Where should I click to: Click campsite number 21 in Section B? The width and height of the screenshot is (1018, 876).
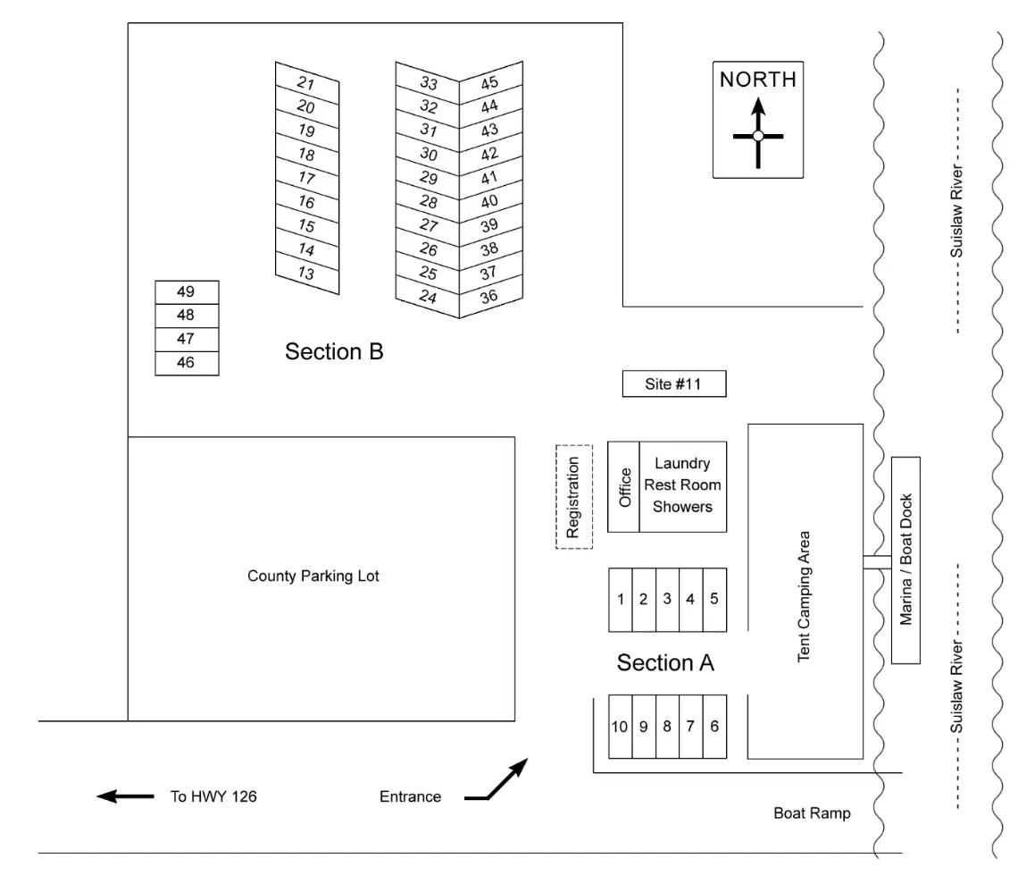point(307,83)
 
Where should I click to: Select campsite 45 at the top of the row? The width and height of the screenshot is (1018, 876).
point(491,82)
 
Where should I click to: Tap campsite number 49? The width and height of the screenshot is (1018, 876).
point(187,292)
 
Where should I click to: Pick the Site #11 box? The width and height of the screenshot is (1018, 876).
point(674,384)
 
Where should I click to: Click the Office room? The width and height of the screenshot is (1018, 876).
point(624,487)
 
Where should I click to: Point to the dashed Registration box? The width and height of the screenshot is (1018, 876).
point(574,497)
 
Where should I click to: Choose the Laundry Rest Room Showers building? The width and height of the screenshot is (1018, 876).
point(683,487)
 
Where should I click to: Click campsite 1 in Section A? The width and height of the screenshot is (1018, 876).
point(621,600)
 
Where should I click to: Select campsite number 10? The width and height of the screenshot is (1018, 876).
point(621,727)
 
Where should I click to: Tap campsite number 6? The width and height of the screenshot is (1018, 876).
point(714,727)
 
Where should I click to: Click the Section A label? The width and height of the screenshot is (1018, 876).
point(665,663)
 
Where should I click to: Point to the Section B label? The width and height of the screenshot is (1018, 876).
point(334,351)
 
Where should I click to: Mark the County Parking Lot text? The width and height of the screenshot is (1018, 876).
point(313,576)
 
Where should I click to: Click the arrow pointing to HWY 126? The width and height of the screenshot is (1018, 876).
point(125,796)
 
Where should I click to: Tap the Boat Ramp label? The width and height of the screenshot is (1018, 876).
point(813,813)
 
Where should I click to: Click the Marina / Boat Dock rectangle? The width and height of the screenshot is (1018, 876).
point(905,560)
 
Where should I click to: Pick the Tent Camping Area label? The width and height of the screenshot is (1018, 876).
point(804,596)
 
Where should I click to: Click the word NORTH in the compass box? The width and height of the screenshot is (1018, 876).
point(757,80)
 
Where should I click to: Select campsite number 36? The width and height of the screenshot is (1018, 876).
point(491,297)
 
